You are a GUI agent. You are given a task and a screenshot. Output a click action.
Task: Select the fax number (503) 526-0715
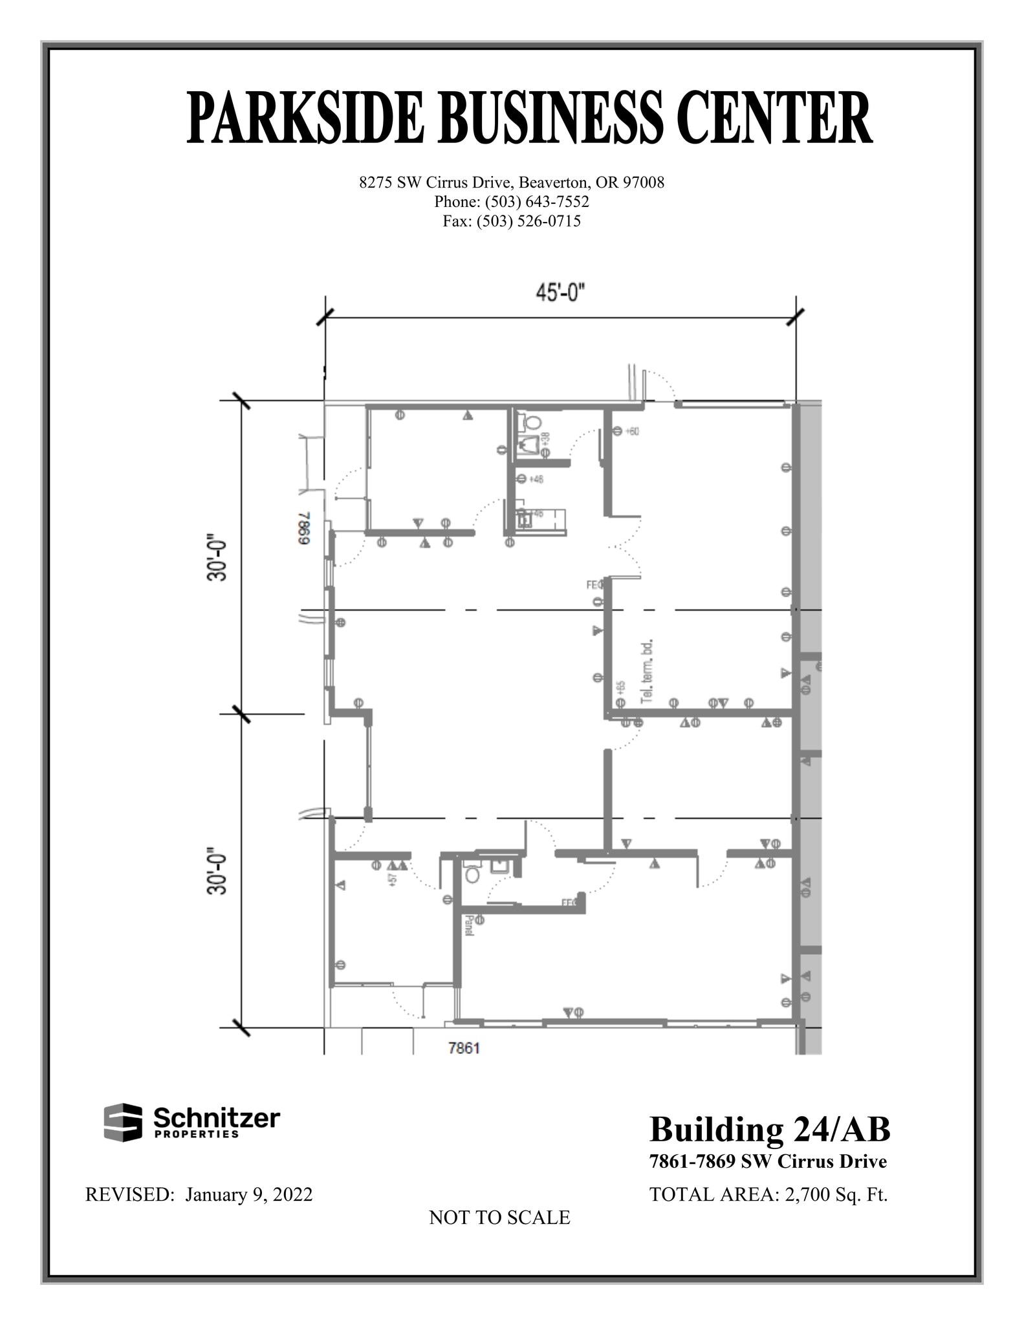(x=528, y=221)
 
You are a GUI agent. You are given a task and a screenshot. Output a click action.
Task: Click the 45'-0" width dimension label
(x=560, y=293)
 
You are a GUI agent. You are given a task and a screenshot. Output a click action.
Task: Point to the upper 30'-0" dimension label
(x=218, y=557)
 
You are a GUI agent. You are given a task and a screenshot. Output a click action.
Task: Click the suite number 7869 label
(x=305, y=529)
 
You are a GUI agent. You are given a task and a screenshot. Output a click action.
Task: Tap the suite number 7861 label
(x=464, y=1048)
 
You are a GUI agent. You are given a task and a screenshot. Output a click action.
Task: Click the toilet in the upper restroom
(x=532, y=422)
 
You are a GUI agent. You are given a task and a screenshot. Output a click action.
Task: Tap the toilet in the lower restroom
(x=473, y=875)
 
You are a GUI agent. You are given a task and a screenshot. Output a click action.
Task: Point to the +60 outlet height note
(x=631, y=431)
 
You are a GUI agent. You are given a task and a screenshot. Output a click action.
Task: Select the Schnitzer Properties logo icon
(x=123, y=1122)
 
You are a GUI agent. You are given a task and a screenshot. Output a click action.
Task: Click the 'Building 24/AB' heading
(x=770, y=1130)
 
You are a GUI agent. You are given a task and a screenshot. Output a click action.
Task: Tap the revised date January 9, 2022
(x=249, y=1194)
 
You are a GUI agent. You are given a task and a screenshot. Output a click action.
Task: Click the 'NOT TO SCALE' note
(x=499, y=1218)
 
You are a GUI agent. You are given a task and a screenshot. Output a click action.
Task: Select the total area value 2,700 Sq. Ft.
(x=836, y=1194)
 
